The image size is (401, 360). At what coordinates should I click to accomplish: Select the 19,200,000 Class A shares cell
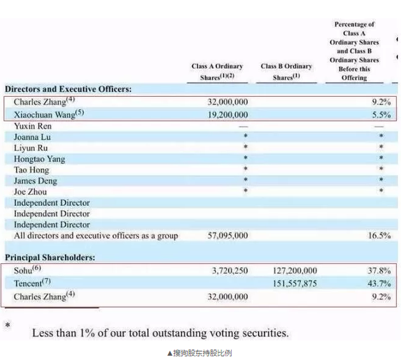pos(228,115)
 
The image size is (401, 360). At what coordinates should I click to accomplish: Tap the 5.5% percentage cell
pos(381,115)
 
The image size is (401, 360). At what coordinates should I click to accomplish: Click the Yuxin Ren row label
pos(33,126)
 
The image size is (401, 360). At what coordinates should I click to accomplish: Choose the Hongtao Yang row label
pos(39,159)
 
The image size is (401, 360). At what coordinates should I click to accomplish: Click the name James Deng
pos(36,181)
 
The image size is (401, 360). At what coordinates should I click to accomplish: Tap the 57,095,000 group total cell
pos(228,236)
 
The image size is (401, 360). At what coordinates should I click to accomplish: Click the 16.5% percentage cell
pos(379,236)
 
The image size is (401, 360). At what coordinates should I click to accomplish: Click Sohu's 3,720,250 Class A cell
pos(230,271)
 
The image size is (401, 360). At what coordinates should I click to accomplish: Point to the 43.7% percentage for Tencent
pos(379,284)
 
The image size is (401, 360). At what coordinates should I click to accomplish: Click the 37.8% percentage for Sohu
pos(379,271)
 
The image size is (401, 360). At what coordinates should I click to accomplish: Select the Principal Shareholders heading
pos(50,257)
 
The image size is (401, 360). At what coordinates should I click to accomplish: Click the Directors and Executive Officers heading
pos(68,89)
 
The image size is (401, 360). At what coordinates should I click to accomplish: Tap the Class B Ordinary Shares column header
pos(286,71)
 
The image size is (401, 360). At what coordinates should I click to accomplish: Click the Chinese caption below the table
pos(200,352)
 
